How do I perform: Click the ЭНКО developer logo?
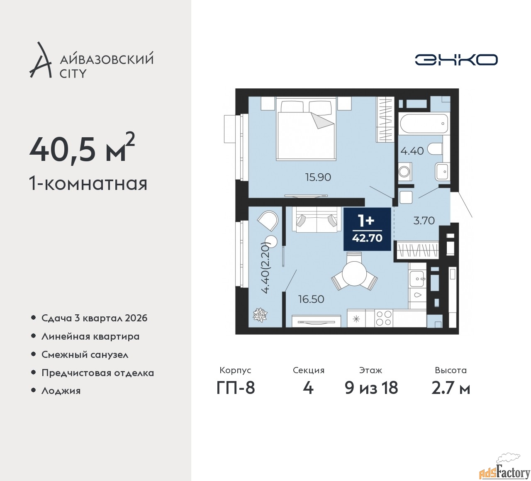pos(456,60)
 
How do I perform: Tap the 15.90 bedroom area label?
pos(318,177)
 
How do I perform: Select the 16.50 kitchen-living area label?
pos(311,299)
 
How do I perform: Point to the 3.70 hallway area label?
pos(424,221)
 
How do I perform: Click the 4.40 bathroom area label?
pos(412,151)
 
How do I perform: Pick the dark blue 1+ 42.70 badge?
pos(367,229)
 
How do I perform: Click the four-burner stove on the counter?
pos(384,318)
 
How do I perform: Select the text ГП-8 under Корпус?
pos(236,388)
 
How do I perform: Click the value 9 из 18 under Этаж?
pos(371,388)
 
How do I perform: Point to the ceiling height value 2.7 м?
pos(451,388)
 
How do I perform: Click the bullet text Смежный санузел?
pos(85,355)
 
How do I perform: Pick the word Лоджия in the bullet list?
pos(61,391)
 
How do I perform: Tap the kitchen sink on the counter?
pos(417,279)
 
